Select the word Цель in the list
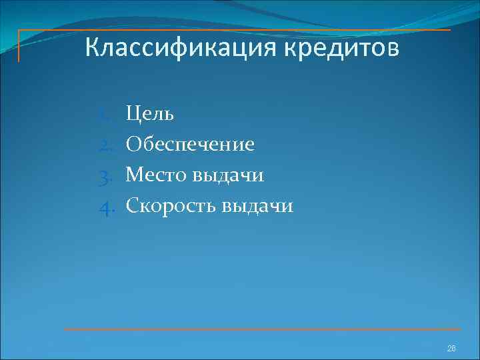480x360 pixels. (150, 114)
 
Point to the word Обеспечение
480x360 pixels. (190, 145)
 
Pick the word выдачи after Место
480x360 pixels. (228, 175)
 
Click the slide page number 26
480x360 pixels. (451, 349)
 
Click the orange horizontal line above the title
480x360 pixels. (233, 30)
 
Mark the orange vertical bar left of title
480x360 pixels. (19, 46)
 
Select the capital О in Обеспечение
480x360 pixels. (133, 145)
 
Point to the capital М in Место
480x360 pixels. (135, 175)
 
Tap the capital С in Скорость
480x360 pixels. (132, 206)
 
